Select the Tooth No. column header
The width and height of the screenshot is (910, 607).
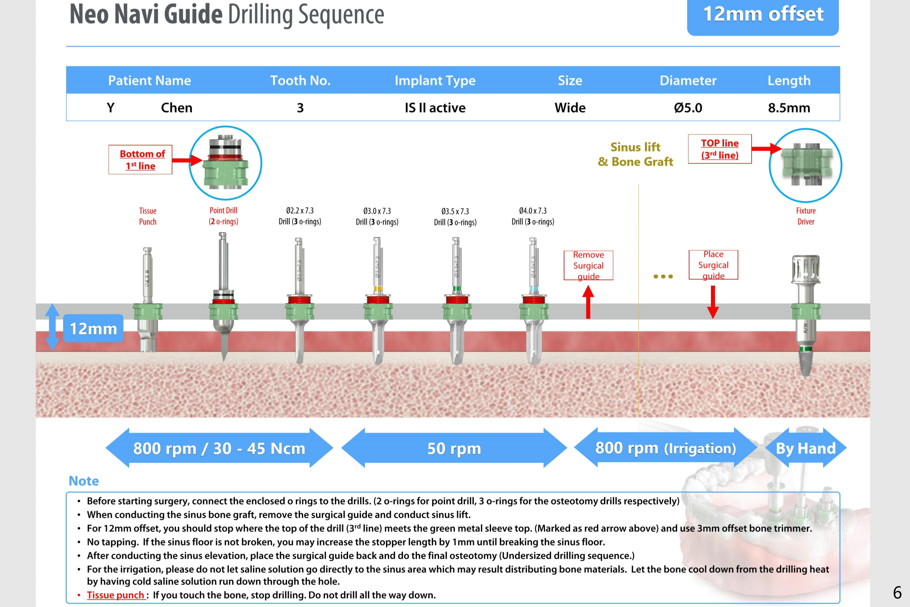[300, 80]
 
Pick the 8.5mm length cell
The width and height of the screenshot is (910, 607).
[789, 108]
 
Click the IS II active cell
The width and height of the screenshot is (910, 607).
[435, 108]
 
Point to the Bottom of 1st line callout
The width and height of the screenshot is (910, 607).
[140, 160]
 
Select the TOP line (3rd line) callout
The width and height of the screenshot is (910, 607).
[719, 149]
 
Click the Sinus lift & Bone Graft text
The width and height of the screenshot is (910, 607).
[635, 154]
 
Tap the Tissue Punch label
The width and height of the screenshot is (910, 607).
[147, 216]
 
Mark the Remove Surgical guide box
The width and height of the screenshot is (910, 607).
[588, 265]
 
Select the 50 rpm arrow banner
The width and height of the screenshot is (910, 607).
[454, 448]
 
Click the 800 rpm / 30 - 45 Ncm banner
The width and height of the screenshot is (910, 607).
[219, 448]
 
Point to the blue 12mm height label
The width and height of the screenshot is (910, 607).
[93, 328]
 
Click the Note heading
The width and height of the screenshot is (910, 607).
[84, 481]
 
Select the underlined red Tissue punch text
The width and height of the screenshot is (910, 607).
[115, 595]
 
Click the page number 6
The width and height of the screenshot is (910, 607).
[897, 593]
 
